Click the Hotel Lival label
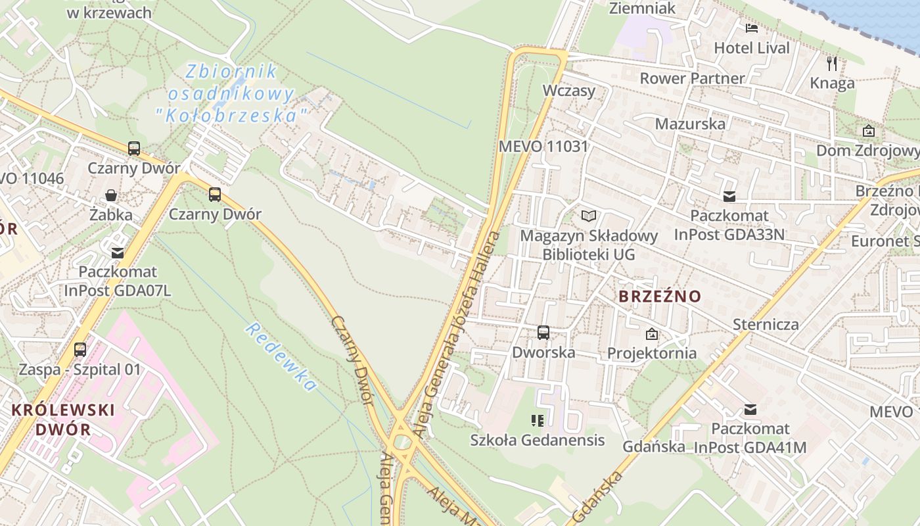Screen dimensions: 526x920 752,47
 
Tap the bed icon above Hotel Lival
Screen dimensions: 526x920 752,28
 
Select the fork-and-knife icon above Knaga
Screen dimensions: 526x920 832,64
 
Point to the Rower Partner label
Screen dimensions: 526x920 692,78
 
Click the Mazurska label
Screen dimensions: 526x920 690,124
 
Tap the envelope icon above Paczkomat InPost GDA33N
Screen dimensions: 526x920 729,196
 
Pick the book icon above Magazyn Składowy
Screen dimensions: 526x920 589,216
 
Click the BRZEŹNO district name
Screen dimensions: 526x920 660,297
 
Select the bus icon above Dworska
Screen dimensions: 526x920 543,333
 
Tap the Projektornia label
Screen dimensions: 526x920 651,353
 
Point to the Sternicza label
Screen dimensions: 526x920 766,324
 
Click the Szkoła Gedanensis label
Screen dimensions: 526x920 537,440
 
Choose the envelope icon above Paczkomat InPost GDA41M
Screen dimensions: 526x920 750,410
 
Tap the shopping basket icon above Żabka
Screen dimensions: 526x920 111,195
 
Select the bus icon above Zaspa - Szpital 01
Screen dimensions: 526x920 80,350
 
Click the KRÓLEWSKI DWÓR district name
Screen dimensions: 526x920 63,419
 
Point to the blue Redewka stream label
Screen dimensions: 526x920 281,357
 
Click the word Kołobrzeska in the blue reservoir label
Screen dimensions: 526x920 231,116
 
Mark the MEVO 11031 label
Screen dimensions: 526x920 543,146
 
